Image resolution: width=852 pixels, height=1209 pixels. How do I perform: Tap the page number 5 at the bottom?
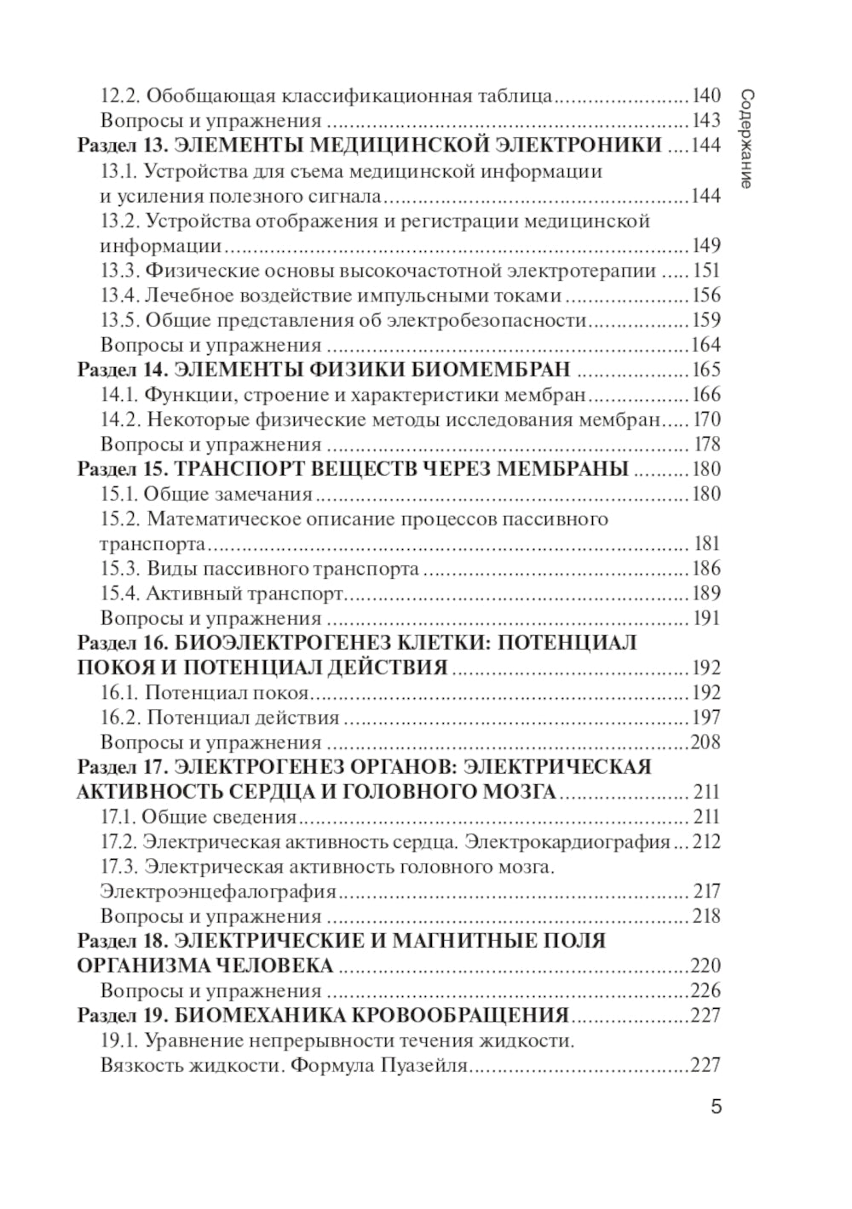pyautogui.click(x=716, y=1107)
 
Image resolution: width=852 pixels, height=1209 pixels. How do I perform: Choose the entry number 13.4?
pyautogui.click(x=119, y=295)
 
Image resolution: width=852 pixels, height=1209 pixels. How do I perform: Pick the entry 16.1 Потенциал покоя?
pyautogui.click(x=204, y=693)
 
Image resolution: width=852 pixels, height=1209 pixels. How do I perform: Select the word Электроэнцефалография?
pyautogui.click(x=218, y=892)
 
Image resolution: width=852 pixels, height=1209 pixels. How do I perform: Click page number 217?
pyautogui.click(x=706, y=892)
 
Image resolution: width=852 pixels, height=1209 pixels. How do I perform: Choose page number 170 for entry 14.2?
pyautogui.click(x=706, y=420)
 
